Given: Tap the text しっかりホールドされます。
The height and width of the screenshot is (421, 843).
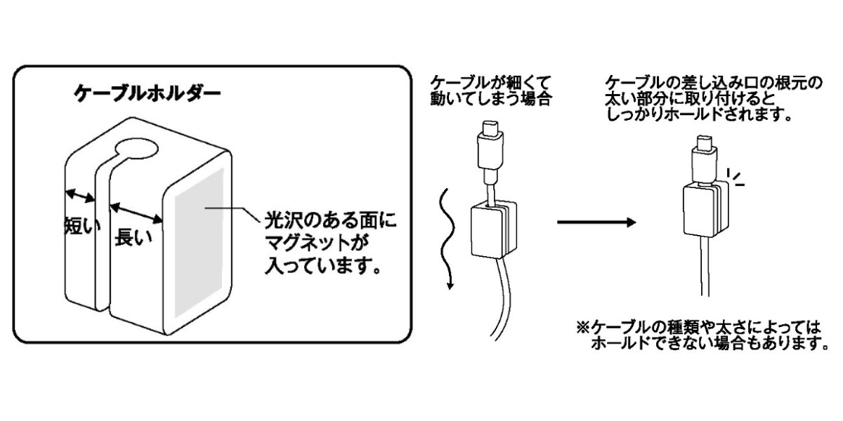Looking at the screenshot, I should (x=699, y=114).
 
